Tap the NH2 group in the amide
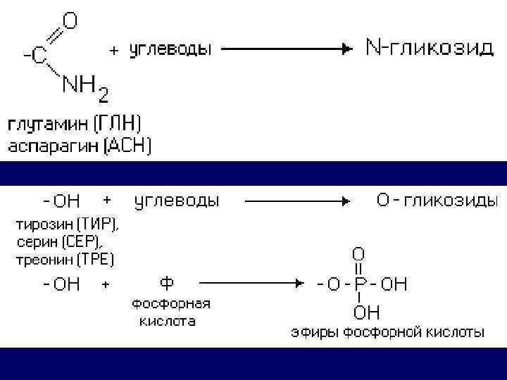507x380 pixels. tap(85, 87)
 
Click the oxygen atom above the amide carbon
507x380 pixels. tap(70, 22)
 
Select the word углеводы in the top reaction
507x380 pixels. tap(169, 50)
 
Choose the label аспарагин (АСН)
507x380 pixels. tap(79, 146)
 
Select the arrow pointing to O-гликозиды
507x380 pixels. tap(296, 201)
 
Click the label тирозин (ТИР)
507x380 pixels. tap(68, 225)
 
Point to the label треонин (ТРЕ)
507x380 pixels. tap(65, 259)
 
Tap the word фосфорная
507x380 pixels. tap(171, 304)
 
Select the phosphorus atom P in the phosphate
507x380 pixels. tap(360, 284)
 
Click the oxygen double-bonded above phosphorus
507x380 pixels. tap(358, 253)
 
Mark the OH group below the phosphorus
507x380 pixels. tap(366, 312)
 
